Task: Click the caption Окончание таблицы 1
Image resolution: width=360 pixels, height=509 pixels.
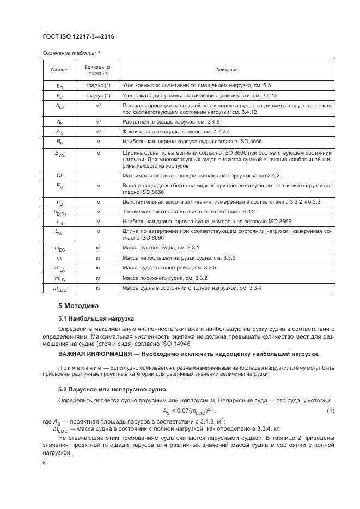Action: coord(71,53)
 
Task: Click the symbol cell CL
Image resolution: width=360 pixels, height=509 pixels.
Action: coord(60,176)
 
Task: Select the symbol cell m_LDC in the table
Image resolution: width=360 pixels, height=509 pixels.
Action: coord(60,288)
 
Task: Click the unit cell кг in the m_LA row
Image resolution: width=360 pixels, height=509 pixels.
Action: coord(99,268)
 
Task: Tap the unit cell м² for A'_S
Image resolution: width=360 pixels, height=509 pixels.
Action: coord(99,132)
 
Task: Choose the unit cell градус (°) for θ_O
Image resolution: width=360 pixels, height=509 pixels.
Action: coord(99,85)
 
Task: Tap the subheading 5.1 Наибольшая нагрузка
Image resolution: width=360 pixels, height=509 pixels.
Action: coord(96,318)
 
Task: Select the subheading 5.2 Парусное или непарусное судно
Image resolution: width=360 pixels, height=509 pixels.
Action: coord(112,390)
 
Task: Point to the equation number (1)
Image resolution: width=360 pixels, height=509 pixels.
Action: coord(330,410)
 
